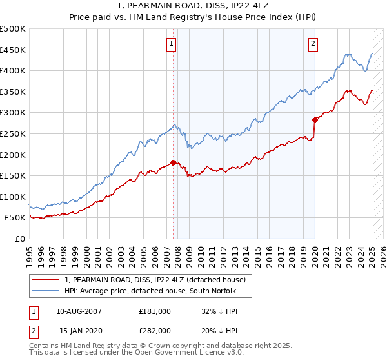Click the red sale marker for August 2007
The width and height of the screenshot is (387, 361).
click(173, 162)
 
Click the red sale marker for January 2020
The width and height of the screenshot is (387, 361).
click(315, 120)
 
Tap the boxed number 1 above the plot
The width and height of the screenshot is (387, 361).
click(172, 44)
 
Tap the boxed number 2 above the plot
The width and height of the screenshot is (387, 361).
click(313, 44)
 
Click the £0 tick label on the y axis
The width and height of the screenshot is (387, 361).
click(21, 239)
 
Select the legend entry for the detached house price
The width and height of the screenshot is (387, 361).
click(155, 280)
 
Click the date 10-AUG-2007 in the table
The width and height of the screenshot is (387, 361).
click(79, 311)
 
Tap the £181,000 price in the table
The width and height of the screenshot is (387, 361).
click(155, 311)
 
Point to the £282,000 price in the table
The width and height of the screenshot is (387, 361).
click(155, 330)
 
